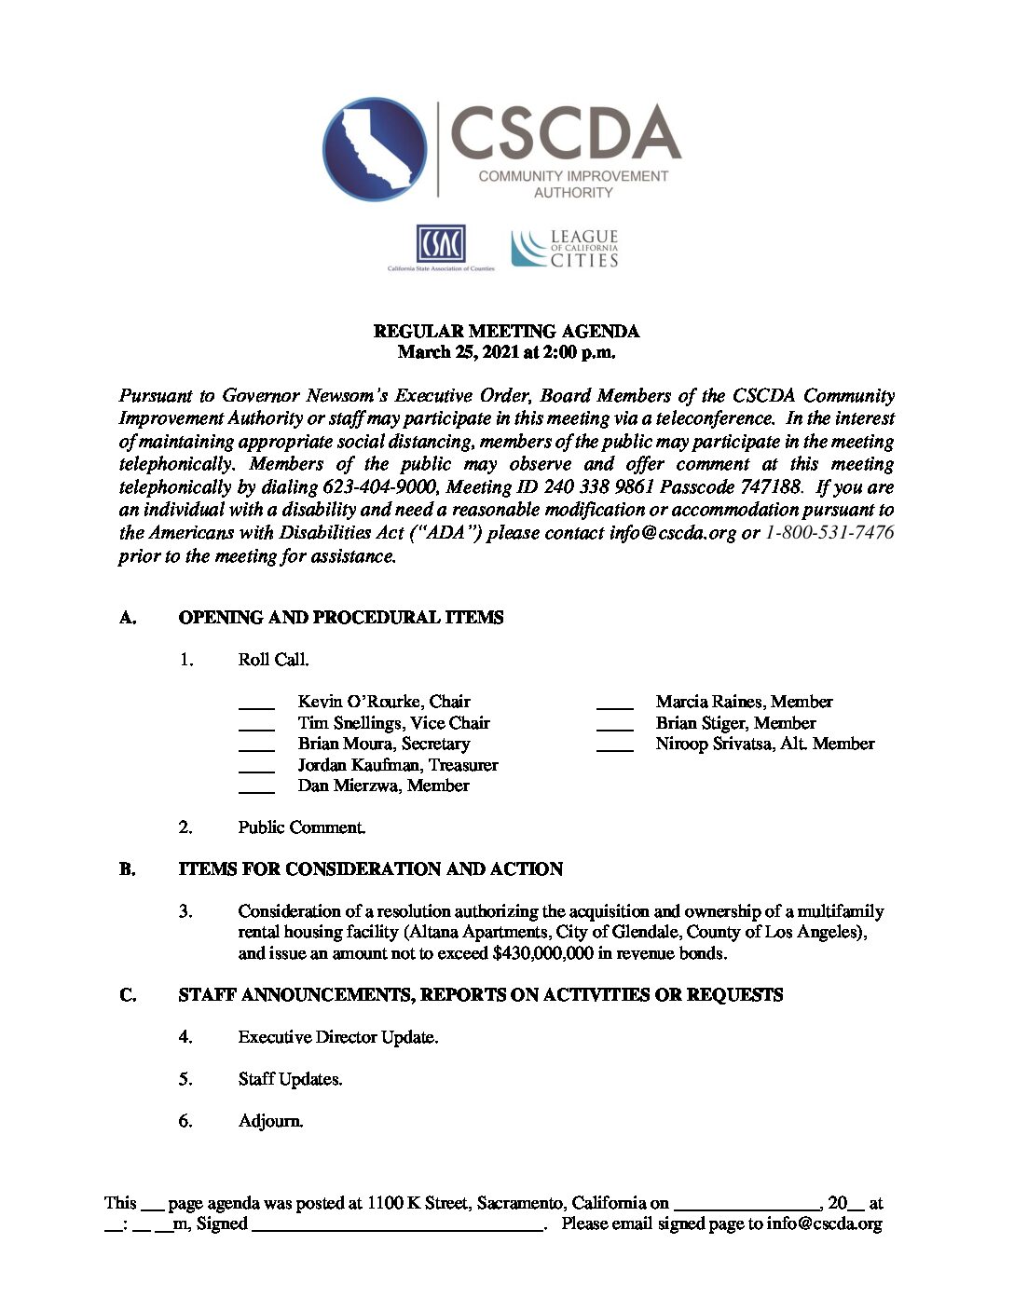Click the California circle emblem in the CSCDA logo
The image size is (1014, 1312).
pyautogui.click(x=375, y=149)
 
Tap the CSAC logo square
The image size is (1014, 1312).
pyautogui.click(x=440, y=244)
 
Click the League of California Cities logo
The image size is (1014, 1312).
pyautogui.click(x=565, y=249)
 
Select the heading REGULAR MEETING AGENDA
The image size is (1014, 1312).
pyautogui.click(x=506, y=332)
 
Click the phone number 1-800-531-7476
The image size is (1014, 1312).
pyautogui.click(x=829, y=533)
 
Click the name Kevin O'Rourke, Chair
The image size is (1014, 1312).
pyautogui.click(x=384, y=702)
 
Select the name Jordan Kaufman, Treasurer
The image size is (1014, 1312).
pyautogui.click(x=398, y=765)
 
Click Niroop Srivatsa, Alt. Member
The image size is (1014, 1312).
pyautogui.click(x=764, y=744)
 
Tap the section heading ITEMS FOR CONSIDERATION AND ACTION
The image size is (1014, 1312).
pyautogui.click(x=371, y=869)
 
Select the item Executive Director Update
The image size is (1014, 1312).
pyautogui.click(x=337, y=1037)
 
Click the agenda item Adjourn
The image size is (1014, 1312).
pyautogui.click(x=270, y=1121)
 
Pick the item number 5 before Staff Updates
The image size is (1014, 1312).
pyautogui.click(x=185, y=1079)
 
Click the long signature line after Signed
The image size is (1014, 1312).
pyautogui.click(x=398, y=1229)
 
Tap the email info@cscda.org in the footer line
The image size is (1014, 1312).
pyautogui.click(x=824, y=1224)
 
